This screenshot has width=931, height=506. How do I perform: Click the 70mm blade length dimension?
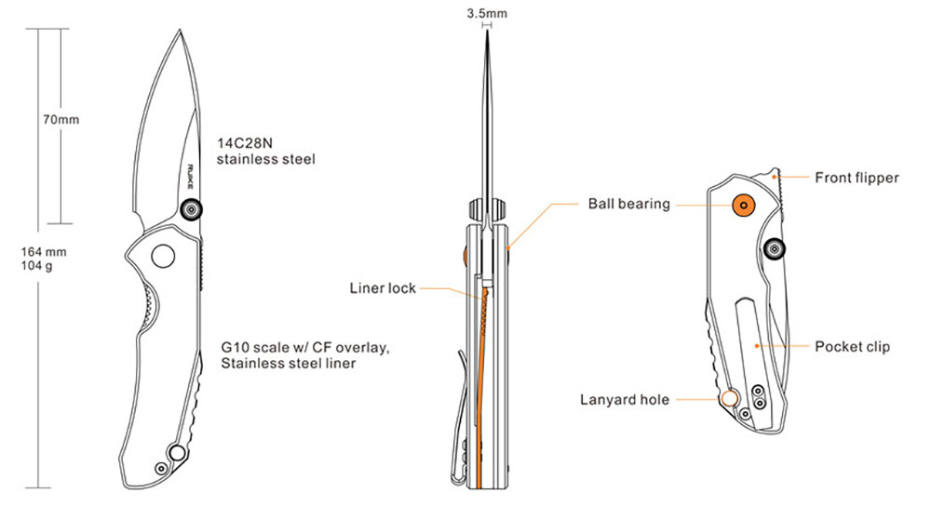(61, 120)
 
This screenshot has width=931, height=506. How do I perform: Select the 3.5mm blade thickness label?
(487, 14)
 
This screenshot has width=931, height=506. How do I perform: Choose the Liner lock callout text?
(383, 288)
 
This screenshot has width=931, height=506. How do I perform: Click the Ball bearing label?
(628, 204)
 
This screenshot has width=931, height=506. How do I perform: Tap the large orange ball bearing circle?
(744, 204)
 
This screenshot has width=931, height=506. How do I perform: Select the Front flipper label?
(857, 177)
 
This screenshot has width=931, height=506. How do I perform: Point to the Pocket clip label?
(853, 347)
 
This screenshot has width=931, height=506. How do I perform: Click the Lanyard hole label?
(624, 400)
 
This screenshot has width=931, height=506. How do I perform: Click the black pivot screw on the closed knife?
(775, 247)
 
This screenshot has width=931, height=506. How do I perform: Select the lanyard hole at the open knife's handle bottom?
(174, 453)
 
